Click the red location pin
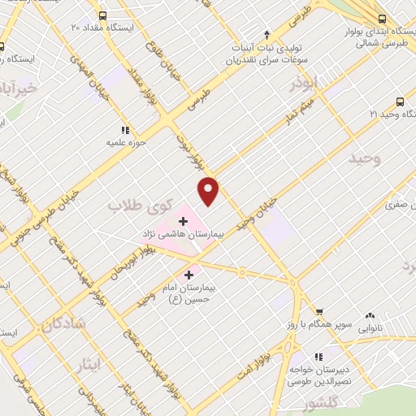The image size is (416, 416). click(x=210, y=190)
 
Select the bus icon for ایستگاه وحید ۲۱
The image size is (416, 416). click(x=399, y=102)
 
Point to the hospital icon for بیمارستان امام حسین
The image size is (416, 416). click(x=189, y=275)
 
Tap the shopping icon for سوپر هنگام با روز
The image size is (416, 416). click(x=318, y=311)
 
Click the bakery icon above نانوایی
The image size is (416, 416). click(x=370, y=314)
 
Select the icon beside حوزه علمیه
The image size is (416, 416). click(x=124, y=129)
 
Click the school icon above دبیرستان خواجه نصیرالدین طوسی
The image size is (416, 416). click(x=318, y=356)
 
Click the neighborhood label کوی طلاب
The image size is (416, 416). click(x=131, y=206)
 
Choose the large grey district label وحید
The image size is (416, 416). click(x=364, y=158)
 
